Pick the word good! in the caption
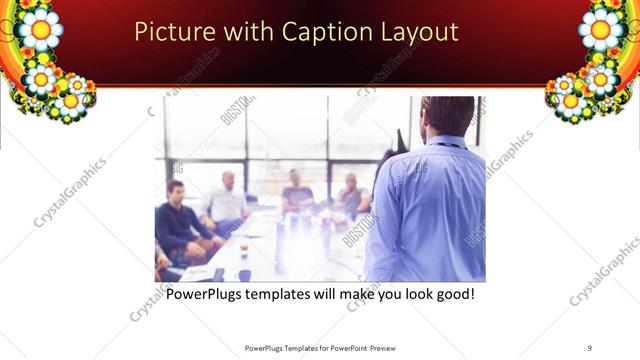(x=451, y=296)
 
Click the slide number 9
(x=590, y=347)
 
